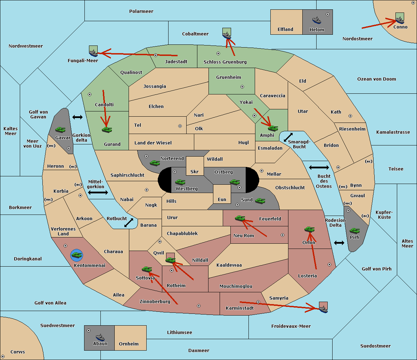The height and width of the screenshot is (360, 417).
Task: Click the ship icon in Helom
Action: (317, 20)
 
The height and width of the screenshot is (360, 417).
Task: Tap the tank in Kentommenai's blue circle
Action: (77, 255)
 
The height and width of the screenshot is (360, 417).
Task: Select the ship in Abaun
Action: (100, 337)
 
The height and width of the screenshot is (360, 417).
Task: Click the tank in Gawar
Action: (60, 129)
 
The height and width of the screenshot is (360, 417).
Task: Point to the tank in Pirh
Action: (354, 231)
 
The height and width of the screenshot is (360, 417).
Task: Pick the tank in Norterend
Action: (155, 163)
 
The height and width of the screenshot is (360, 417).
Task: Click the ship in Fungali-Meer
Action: (93, 53)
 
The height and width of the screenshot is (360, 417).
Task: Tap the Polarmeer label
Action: (141, 11)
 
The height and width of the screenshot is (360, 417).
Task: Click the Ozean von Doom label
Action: (376, 79)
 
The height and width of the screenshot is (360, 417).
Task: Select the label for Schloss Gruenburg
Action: (225, 62)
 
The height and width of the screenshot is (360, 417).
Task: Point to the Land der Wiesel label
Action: (153, 143)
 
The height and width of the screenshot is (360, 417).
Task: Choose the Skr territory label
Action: (194, 171)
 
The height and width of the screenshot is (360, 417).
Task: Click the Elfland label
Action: (285, 30)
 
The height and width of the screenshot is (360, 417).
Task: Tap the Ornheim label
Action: (129, 344)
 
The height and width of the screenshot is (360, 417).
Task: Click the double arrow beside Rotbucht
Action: (129, 223)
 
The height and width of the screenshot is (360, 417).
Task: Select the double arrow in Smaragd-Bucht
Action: (288, 137)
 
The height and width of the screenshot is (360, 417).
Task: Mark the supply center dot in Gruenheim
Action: (242, 87)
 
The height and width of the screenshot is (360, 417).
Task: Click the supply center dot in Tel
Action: (180, 126)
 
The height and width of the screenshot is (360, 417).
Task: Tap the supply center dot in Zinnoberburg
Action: (199, 306)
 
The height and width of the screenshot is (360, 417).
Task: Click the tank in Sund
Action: (260, 201)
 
